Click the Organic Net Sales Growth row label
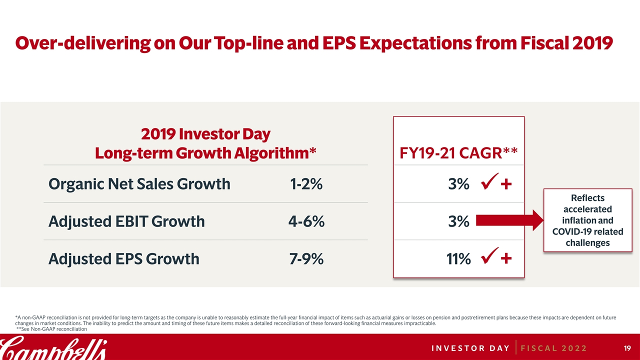pyautogui.click(x=139, y=184)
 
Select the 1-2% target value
pyautogui.click(x=306, y=184)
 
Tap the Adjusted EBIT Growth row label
pyautogui.click(x=126, y=221)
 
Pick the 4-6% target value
pyautogui.click(x=306, y=221)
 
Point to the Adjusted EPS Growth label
pyautogui.click(x=123, y=258)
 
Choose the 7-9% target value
pyautogui.click(x=306, y=258)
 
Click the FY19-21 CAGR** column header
pyautogui.click(x=458, y=152)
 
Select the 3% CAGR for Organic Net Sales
pyautogui.click(x=458, y=184)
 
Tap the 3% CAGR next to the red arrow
pyautogui.click(x=458, y=221)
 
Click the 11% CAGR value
pyautogui.click(x=458, y=258)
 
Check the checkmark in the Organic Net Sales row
pyautogui.click(x=487, y=183)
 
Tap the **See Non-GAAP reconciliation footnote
pyautogui.click(x=52, y=329)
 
